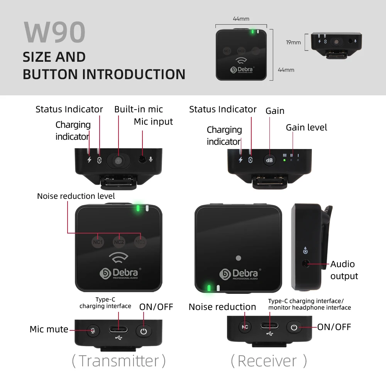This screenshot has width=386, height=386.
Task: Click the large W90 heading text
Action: point(54,32)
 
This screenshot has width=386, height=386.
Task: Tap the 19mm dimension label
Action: point(293,42)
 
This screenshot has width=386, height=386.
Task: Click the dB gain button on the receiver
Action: point(269,160)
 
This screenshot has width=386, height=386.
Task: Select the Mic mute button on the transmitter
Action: point(93,331)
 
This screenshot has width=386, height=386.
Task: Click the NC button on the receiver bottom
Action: point(245,327)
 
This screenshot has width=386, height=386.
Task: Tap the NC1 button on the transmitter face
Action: point(98,242)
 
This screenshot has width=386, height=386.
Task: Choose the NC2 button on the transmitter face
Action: point(119,242)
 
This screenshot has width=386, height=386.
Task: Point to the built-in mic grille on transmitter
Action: point(119,160)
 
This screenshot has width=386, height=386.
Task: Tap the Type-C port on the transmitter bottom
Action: point(119,330)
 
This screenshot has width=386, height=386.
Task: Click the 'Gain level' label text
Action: point(306,127)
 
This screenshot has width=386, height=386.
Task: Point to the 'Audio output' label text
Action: point(344,270)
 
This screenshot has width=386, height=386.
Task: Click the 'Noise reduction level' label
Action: point(76,196)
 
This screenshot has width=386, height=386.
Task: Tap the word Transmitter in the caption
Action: point(119,361)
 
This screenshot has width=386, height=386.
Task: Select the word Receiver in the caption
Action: point(267,361)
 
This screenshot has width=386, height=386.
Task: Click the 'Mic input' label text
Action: point(153,122)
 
